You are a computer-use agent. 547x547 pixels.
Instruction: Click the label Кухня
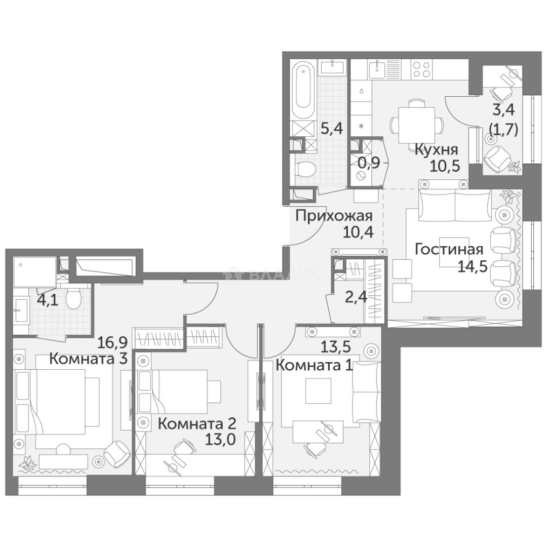click(x=436, y=149)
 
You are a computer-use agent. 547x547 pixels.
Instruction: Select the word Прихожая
click(x=334, y=215)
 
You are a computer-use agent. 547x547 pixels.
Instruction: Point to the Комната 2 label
click(x=197, y=423)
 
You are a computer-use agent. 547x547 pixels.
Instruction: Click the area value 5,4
click(x=332, y=128)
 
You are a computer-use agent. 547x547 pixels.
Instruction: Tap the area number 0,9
click(x=369, y=164)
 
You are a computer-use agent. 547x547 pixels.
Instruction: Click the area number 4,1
click(x=47, y=301)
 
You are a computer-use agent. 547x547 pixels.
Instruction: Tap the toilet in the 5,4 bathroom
click(x=306, y=169)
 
